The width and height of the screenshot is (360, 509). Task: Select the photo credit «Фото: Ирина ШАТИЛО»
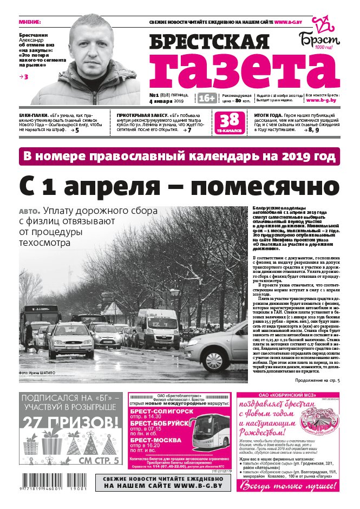coord(37,373)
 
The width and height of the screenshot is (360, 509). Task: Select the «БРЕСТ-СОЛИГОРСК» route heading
coord(160,412)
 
